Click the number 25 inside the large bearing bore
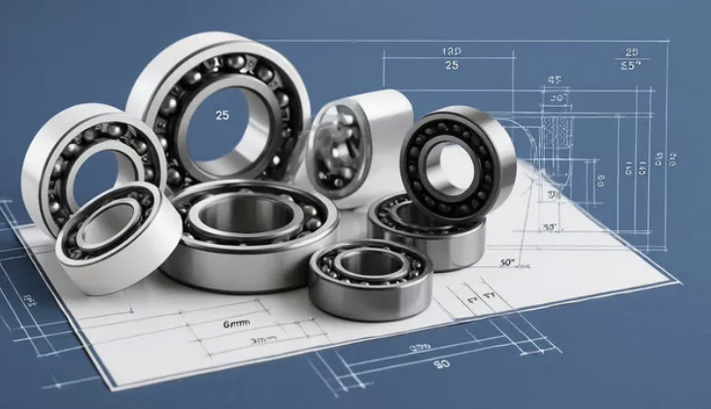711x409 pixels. click(222, 115)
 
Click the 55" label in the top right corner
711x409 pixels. click(632, 67)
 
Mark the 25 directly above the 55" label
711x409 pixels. click(632, 51)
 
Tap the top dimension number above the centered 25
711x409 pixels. click(451, 51)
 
